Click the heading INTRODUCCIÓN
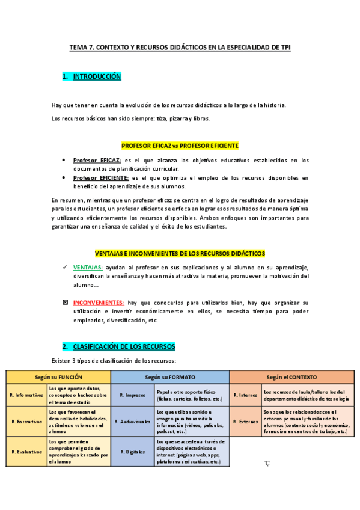click(x=97, y=76)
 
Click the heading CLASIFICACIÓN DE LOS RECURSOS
click(x=124, y=347)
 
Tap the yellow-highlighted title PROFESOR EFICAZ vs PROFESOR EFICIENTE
click(x=180, y=146)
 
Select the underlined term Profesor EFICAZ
click(x=97, y=160)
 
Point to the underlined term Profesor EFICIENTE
click(x=100, y=178)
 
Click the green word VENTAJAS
click(x=88, y=266)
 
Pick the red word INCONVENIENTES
click(x=99, y=303)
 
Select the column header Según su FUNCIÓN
click(x=58, y=376)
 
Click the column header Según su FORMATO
click(x=170, y=376)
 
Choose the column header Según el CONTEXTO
click(x=292, y=376)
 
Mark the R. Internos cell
click(x=245, y=395)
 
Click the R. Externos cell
click(x=245, y=422)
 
